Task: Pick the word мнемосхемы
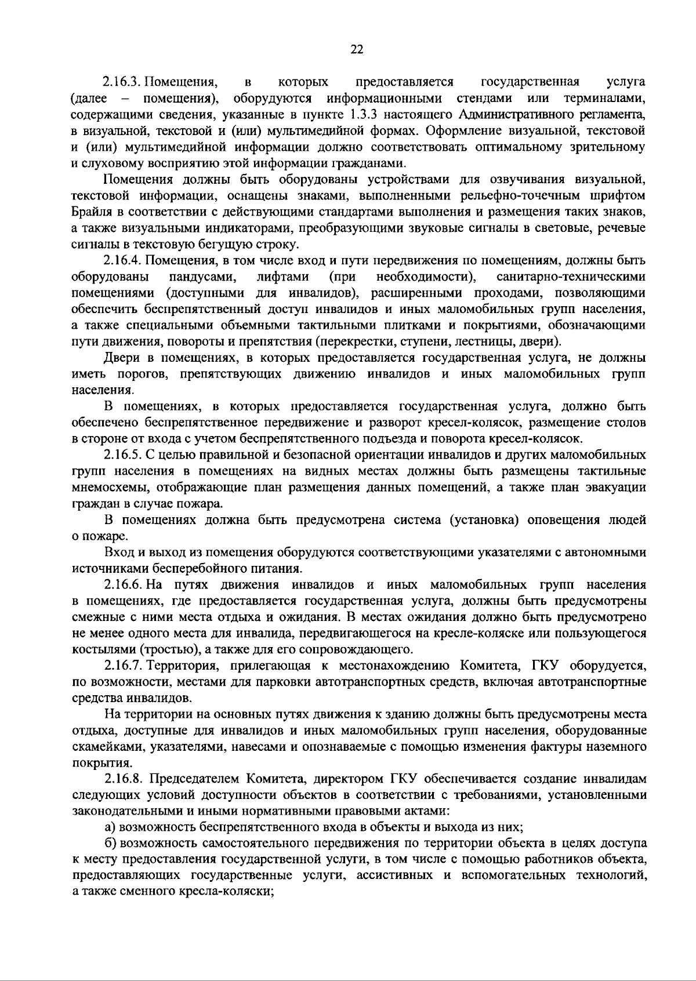point(107,486)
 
